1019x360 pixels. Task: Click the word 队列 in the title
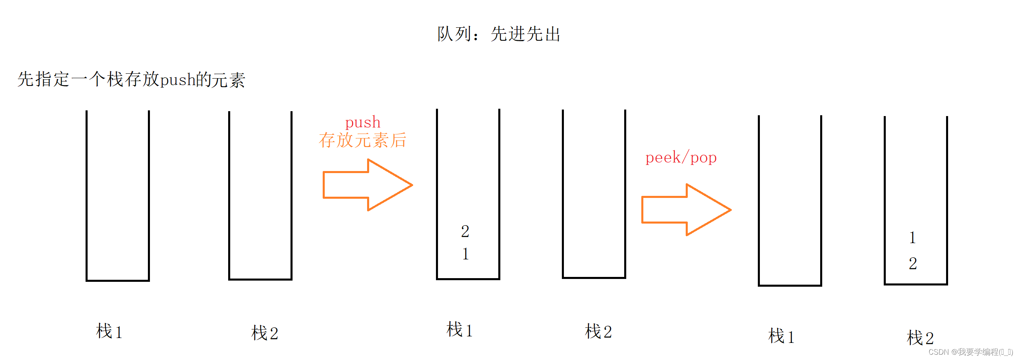click(454, 34)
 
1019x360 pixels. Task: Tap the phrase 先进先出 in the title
click(526, 34)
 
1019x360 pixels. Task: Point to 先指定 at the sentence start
click(43, 79)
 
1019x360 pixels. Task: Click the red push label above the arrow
click(363, 122)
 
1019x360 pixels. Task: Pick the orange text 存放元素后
click(362, 140)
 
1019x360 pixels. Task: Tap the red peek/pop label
click(681, 158)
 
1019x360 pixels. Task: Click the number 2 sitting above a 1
click(465, 232)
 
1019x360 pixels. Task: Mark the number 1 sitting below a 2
click(465, 254)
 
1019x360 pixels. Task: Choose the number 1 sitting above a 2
click(913, 238)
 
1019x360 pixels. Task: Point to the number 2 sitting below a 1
click(913, 263)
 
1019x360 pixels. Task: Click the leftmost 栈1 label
click(109, 331)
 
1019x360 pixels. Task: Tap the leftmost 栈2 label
click(265, 333)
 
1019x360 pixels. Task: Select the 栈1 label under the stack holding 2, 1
click(460, 330)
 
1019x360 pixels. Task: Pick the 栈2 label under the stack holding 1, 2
click(920, 338)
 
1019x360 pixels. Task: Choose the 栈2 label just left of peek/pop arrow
click(598, 331)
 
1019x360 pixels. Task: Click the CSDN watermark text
click(971, 352)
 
